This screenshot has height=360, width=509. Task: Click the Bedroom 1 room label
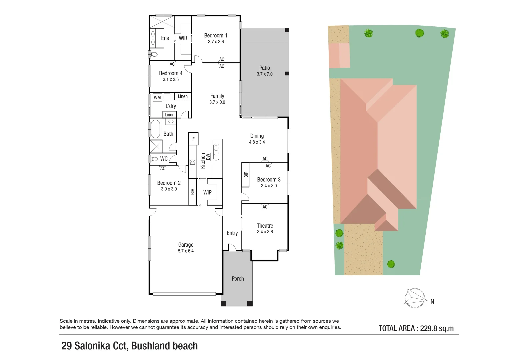click(216, 36)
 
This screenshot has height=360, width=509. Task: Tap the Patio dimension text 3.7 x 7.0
click(265, 74)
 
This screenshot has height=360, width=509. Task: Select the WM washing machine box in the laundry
click(157, 98)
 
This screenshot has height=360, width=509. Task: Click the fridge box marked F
click(193, 139)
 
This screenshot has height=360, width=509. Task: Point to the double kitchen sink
click(216, 150)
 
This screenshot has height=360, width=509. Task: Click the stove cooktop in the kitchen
click(192, 162)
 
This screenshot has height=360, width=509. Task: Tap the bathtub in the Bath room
click(155, 129)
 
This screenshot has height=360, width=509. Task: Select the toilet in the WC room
click(154, 159)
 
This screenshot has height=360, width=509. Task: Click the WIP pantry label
click(207, 192)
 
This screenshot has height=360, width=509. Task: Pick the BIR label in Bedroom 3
click(246, 174)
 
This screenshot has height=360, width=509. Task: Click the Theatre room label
click(265, 226)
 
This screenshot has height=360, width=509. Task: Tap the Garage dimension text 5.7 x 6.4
click(186, 251)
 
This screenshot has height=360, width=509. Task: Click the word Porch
click(238, 279)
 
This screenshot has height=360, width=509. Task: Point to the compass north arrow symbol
click(415, 298)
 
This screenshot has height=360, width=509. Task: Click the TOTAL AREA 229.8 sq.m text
click(416, 328)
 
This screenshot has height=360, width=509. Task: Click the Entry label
click(232, 233)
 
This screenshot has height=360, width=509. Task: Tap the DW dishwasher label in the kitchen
click(208, 156)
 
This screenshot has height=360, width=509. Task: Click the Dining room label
click(257, 136)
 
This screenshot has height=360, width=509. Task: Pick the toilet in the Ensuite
click(154, 54)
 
